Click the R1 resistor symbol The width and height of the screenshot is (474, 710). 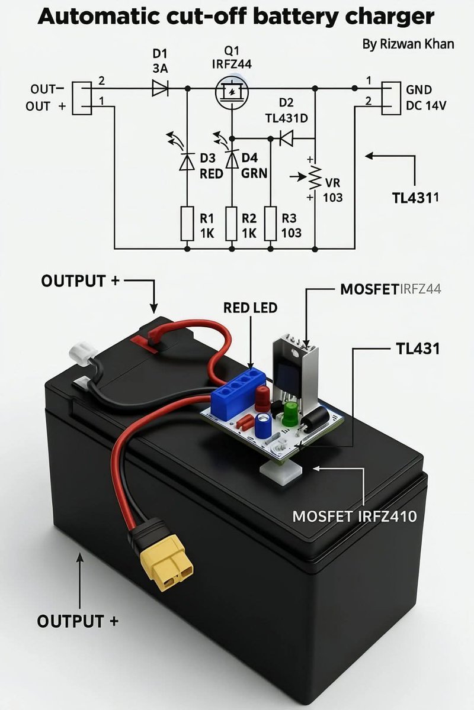[188, 224]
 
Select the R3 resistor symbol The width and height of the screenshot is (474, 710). [271, 224]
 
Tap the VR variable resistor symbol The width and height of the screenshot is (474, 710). [314, 177]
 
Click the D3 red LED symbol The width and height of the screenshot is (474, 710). [188, 161]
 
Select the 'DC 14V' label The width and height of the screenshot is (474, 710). [426, 106]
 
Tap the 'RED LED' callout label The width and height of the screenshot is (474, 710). [250, 308]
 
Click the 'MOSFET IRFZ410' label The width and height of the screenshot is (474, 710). [354, 516]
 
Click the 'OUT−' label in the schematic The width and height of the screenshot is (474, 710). [47, 89]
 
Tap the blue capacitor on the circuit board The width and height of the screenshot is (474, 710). [264, 424]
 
